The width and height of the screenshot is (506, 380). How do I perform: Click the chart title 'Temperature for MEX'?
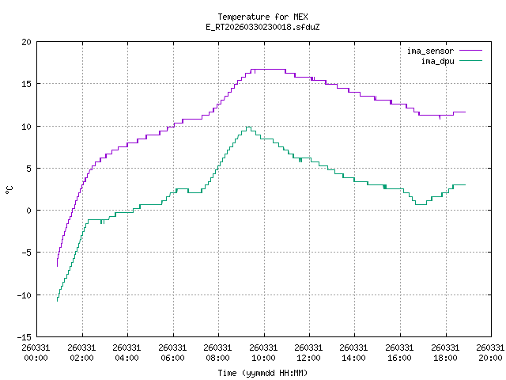coord(262,17)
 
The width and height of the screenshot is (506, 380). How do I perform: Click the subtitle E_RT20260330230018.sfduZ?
coord(262,27)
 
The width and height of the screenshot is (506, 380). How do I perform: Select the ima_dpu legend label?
coord(436,60)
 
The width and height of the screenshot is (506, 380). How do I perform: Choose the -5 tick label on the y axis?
coord(27,253)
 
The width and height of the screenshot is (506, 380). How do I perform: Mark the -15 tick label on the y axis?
coord(25,336)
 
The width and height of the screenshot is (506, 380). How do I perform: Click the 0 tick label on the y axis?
coord(29,211)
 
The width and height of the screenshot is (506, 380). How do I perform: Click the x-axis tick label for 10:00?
coord(263,352)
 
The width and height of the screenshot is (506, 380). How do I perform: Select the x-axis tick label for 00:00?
coord(36,352)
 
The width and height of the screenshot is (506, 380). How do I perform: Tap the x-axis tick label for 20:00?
coord(490,352)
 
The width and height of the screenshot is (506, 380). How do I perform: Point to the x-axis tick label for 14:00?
coord(354,352)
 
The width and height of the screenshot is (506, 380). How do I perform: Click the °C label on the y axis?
coord(9,189)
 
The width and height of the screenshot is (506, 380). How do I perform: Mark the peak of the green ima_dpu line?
coord(248,127)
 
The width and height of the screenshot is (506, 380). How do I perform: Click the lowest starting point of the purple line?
coord(57,266)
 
